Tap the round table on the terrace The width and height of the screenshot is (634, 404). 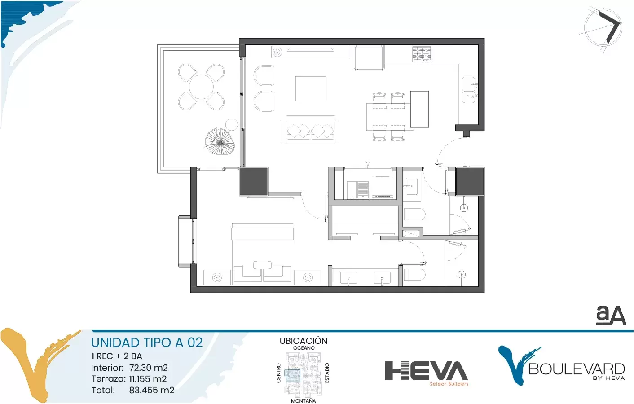[201, 87]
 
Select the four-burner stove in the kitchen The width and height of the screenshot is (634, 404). [422, 54]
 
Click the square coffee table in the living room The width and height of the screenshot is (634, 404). [311, 88]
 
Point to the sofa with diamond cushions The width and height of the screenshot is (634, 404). [311, 129]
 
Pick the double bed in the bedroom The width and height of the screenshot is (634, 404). [262, 254]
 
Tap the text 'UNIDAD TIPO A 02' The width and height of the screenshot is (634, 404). [147, 343]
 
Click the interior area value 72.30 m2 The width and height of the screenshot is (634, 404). [149, 368]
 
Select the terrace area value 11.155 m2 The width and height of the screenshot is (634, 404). [148, 379]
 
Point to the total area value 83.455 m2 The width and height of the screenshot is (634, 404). [152, 390]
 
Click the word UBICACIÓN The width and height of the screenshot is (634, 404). [304, 341]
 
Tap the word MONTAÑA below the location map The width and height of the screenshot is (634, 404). [304, 401]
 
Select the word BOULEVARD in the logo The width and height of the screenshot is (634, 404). [577, 369]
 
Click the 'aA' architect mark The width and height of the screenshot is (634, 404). [611, 315]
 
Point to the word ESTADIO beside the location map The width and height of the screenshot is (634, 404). [327, 373]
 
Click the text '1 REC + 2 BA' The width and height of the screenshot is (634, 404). [117, 356]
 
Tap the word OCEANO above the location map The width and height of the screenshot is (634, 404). [304, 348]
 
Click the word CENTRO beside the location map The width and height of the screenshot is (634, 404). [278, 373]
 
